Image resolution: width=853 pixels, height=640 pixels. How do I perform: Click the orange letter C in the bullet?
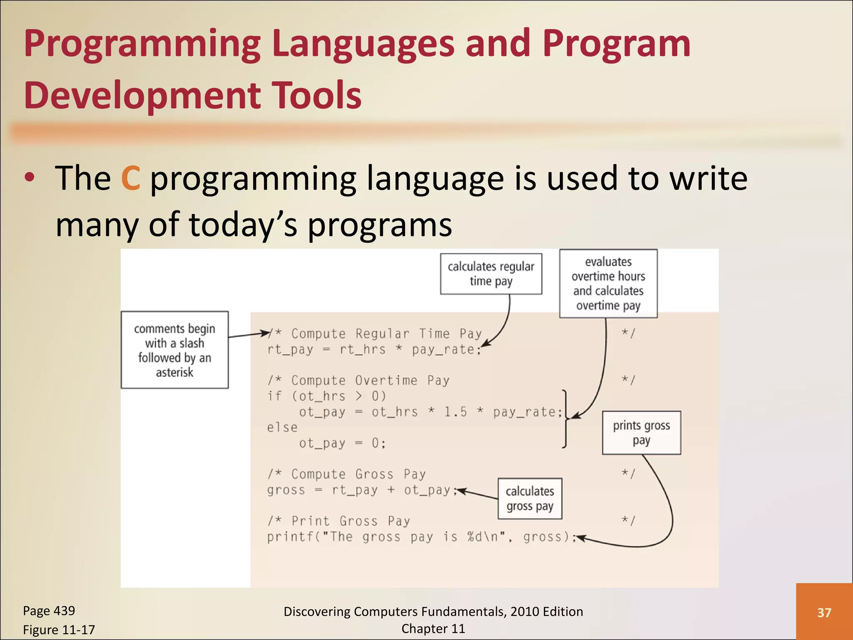pos(130,178)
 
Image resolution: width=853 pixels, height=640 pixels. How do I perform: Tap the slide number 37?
pos(824,612)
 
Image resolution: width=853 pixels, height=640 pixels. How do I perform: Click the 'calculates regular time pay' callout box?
pos(491,274)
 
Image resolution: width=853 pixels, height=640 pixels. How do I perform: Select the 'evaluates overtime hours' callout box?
pos(608,284)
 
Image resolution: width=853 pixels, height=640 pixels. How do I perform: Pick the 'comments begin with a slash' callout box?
pos(175,350)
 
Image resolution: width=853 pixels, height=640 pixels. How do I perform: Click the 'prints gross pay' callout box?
pos(641,432)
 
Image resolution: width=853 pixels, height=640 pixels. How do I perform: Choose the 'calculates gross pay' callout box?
pos(530,498)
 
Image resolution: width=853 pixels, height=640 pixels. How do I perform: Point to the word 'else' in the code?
pos(282,427)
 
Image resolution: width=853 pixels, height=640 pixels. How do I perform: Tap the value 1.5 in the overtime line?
pos(455,412)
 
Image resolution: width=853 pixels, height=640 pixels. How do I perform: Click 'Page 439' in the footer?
pos(49,611)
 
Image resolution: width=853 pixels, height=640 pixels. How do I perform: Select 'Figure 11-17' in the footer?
pos(59,630)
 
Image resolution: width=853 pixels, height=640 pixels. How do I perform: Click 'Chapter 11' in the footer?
pos(433,629)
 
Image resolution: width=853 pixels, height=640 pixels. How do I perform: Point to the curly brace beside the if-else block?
pos(565,419)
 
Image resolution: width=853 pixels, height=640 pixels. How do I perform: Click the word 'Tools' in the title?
pos(316,95)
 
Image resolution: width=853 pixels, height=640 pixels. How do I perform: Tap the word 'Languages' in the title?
pos(363,44)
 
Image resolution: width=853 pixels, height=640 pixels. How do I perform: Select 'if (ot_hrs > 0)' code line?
pos(327,396)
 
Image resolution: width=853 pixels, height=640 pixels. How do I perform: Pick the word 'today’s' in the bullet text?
pos(243,225)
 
